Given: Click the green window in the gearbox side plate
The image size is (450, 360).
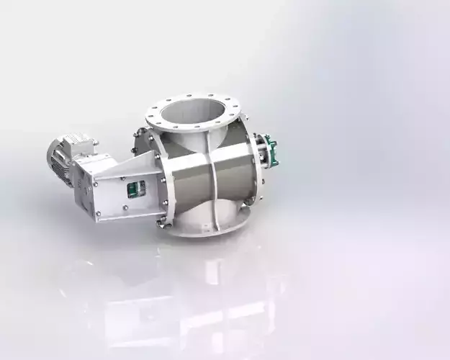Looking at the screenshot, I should point(133,189).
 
